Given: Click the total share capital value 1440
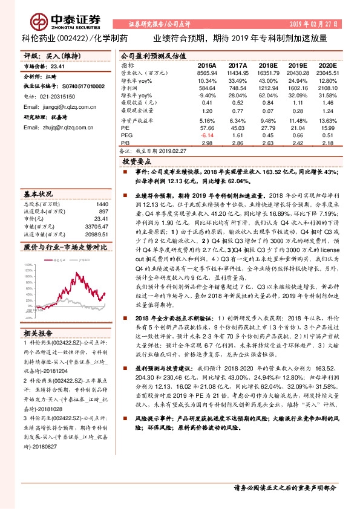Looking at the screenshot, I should pos(102,204).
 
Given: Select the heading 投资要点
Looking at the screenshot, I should pos(136,162).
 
